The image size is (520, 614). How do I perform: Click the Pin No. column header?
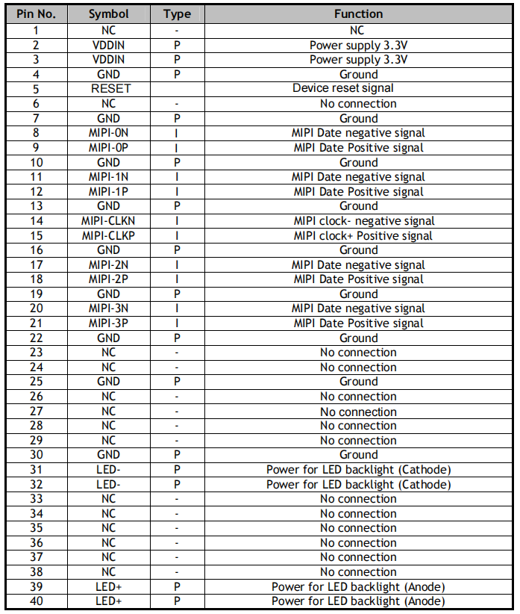(x=37, y=14)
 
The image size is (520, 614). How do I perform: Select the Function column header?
(x=358, y=14)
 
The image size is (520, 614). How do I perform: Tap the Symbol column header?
(x=108, y=14)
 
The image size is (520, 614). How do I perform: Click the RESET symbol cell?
(x=108, y=89)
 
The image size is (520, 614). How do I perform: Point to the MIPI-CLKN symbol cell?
(x=108, y=221)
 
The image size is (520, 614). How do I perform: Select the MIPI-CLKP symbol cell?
(x=108, y=236)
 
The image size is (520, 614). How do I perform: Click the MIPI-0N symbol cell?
(x=108, y=133)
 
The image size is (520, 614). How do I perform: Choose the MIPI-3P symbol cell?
(x=108, y=323)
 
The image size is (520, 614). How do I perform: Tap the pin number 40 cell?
(x=37, y=601)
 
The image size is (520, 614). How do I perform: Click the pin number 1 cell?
(x=37, y=31)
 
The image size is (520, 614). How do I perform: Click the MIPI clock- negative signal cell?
(x=358, y=221)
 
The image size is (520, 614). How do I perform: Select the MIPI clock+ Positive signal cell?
(x=358, y=236)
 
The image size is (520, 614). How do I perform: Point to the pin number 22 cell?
(x=37, y=338)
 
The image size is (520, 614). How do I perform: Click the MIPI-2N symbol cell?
(x=108, y=265)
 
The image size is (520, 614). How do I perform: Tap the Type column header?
(x=177, y=14)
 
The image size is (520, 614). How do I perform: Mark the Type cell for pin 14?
(x=177, y=221)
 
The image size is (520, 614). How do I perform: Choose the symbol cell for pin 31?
(x=108, y=470)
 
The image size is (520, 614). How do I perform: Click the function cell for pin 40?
(x=358, y=601)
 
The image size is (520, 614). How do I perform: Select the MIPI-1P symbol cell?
(x=108, y=192)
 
